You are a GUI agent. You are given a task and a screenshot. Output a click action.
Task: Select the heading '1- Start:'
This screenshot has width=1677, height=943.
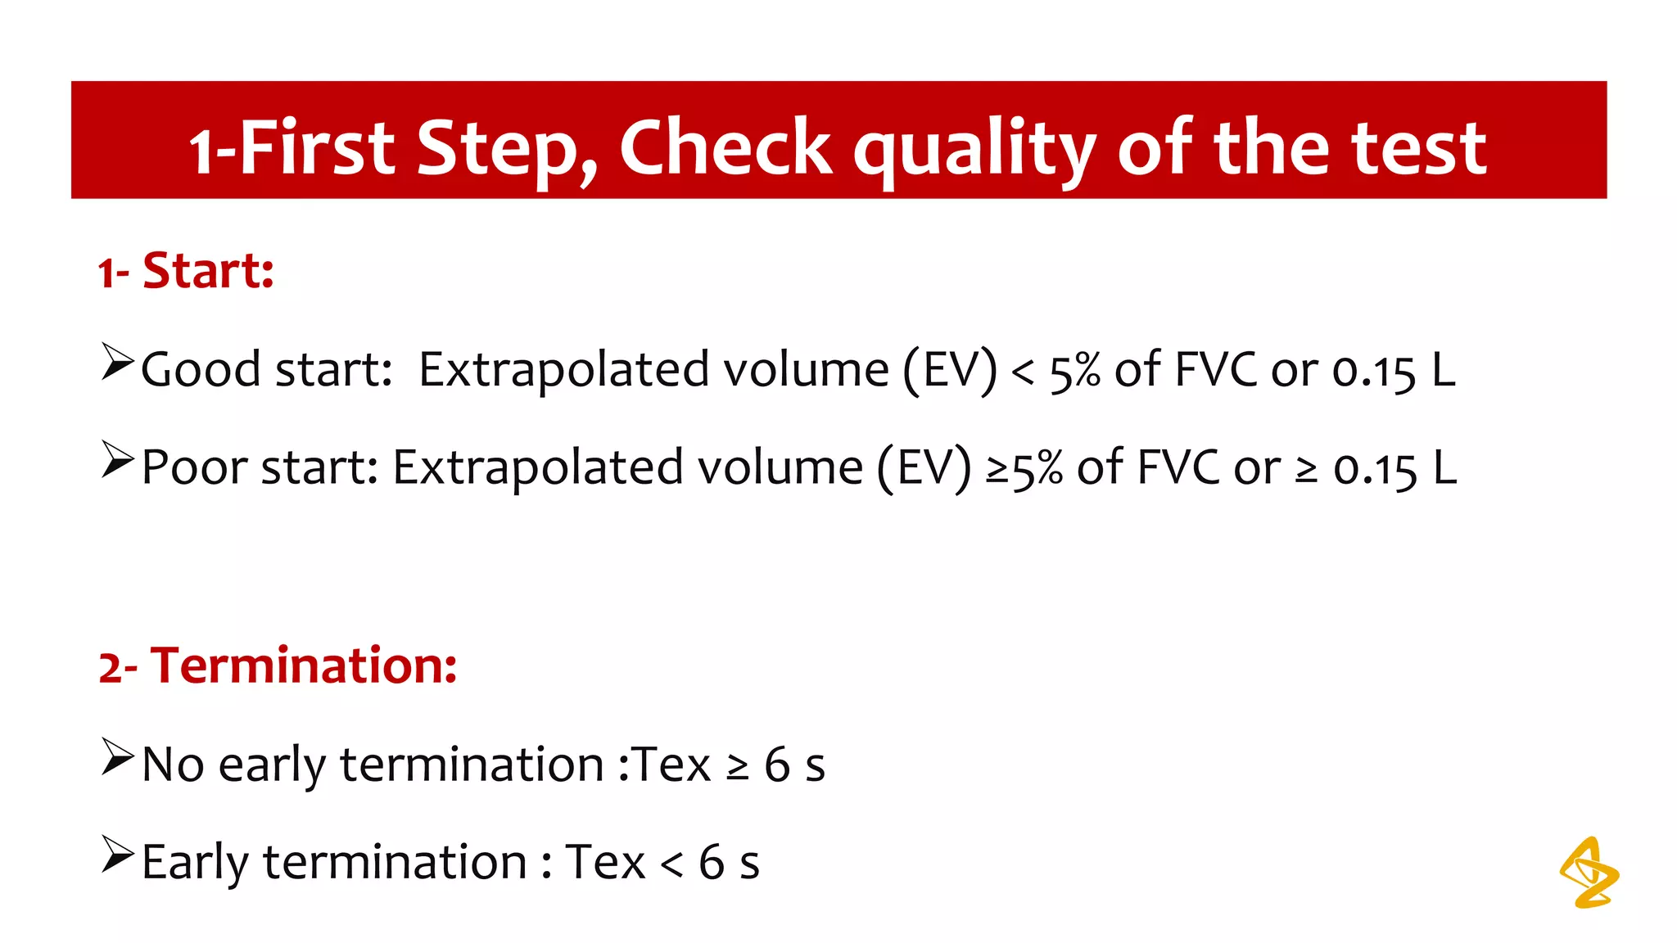pyautogui.click(x=186, y=271)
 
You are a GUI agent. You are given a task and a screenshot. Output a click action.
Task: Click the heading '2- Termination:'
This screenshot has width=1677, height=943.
pyautogui.click(x=278, y=665)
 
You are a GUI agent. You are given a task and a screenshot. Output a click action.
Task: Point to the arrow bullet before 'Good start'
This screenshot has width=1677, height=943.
pyautogui.click(x=117, y=362)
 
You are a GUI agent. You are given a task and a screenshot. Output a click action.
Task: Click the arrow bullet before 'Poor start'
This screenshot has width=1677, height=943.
pyautogui.click(x=117, y=460)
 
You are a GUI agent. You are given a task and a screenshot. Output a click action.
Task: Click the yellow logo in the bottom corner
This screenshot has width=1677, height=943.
pyautogui.click(x=1589, y=873)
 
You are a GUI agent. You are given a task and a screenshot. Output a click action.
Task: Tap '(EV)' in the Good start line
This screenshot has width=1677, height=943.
pyautogui.click(x=950, y=370)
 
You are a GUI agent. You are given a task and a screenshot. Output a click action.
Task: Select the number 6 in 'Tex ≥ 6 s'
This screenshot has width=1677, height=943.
pyautogui.click(x=777, y=765)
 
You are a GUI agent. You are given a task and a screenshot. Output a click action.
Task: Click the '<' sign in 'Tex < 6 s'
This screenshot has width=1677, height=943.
pyautogui.click(x=671, y=864)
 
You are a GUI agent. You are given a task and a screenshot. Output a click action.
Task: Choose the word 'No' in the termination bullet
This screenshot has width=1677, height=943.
pyautogui.click(x=173, y=765)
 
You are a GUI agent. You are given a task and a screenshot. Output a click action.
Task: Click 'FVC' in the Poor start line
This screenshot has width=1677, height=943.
pyautogui.click(x=1178, y=467)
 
